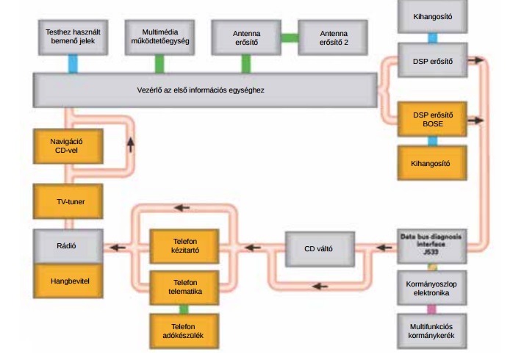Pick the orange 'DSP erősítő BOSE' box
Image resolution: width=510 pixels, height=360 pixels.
pos(431,119)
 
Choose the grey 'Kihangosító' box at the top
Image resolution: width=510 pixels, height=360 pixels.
pos(431,15)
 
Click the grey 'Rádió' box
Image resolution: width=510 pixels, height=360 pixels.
pos(65,247)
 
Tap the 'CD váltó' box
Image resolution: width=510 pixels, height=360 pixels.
pos(318,248)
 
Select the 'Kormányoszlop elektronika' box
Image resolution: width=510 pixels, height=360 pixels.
pos(431,289)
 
